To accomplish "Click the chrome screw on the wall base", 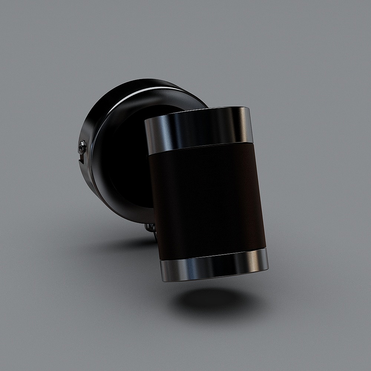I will [82, 147].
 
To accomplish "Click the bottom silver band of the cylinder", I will [214, 266].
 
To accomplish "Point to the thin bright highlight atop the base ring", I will [148, 89].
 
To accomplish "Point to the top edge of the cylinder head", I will [197, 111].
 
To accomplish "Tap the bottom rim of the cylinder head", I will [215, 278].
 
